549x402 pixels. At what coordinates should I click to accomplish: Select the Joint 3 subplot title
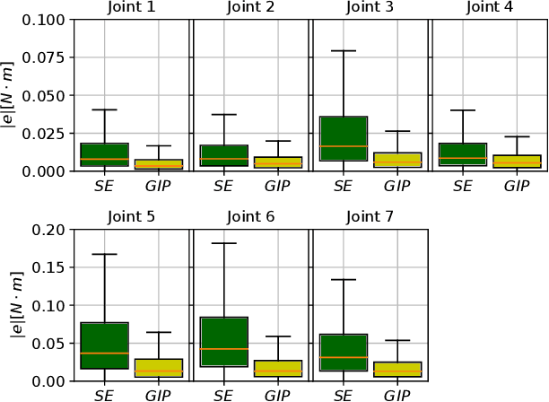point(370,8)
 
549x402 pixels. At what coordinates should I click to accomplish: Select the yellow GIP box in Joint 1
point(159,164)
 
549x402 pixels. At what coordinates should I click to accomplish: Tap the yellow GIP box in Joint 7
point(397,370)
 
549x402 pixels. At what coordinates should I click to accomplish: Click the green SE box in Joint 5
point(104,345)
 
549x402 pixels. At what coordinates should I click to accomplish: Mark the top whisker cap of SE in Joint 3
point(343,51)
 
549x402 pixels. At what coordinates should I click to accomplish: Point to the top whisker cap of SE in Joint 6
point(224,243)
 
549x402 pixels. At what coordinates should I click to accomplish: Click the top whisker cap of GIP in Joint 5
point(159,332)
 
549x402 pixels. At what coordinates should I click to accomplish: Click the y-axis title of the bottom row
point(13,305)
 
